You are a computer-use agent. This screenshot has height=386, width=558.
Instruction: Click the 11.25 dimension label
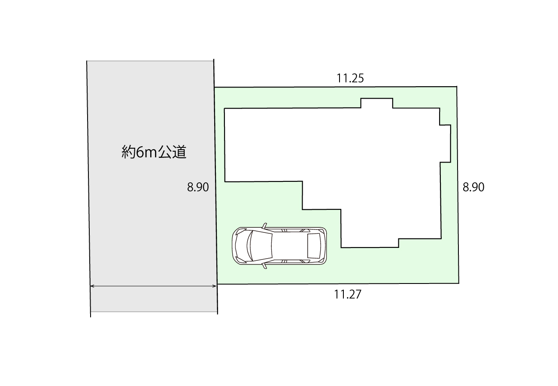pyautogui.click(x=350, y=78)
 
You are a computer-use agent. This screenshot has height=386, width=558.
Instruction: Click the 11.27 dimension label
pyautogui.click(x=348, y=294)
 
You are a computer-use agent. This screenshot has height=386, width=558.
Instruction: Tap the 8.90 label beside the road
pyautogui.click(x=198, y=187)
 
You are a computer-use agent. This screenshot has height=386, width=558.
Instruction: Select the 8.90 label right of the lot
pyautogui.click(x=473, y=187)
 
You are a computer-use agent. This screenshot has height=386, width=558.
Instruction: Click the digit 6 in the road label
pyautogui.click(x=139, y=152)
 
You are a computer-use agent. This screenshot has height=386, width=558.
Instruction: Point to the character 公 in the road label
pyautogui.click(x=165, y=152)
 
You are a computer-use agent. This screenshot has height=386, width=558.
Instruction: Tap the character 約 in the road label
pyautogui.click(x=128, y=152)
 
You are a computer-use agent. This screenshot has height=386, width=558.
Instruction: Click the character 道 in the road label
pyautogui.click(x=179, y=152)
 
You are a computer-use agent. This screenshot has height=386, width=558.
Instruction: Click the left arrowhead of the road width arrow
pyautogui.click(x=92, y=286)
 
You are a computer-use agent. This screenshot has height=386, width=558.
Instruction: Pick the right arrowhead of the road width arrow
pyautogui.click(x=214, y=286)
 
